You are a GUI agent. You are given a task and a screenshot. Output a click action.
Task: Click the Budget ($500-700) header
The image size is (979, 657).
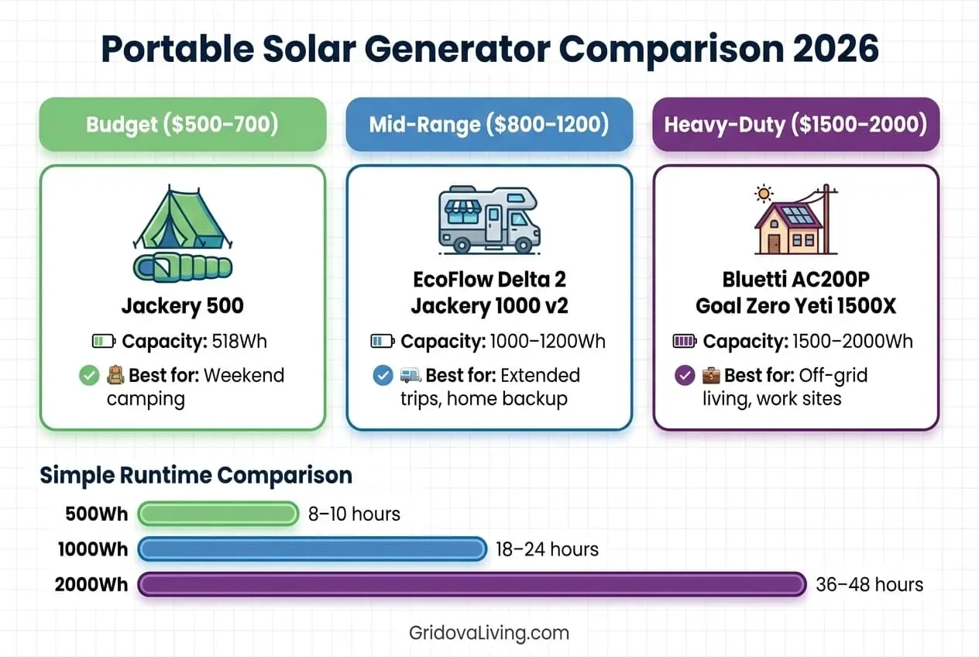point(182,124)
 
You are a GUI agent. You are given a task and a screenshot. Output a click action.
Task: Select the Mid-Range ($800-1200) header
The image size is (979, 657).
point(489,124)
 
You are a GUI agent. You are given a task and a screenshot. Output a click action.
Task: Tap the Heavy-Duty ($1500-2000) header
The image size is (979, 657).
point(795,124)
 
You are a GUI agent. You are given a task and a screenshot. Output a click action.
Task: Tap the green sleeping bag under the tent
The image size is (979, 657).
point(182,268)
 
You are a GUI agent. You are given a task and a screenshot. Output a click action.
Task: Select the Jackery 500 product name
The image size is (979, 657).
point(182,306)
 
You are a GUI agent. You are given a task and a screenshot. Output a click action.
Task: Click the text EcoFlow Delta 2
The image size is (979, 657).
point(489,278)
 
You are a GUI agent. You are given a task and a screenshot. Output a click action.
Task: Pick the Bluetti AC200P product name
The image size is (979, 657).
point(795,278)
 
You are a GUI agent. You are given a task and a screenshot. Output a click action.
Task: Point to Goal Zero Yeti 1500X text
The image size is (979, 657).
point(795,306)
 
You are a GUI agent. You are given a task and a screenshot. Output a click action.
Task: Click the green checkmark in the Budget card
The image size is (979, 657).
point(89,376)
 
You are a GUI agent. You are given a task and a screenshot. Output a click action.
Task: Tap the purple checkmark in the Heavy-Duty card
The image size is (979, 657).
point(685,376)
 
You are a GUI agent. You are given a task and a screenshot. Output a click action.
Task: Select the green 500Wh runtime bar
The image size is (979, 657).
point(218,514)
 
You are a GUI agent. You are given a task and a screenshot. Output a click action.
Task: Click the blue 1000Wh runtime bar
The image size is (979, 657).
point(312,549)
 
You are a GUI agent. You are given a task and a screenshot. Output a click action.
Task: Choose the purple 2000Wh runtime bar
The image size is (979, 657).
point(472,584)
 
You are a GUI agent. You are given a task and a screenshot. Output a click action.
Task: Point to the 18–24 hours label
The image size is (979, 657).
point(547,549)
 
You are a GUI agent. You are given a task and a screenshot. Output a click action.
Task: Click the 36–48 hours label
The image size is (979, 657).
point(869,584)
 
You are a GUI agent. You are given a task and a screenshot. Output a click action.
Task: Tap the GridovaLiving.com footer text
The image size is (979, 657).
point(489,632)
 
